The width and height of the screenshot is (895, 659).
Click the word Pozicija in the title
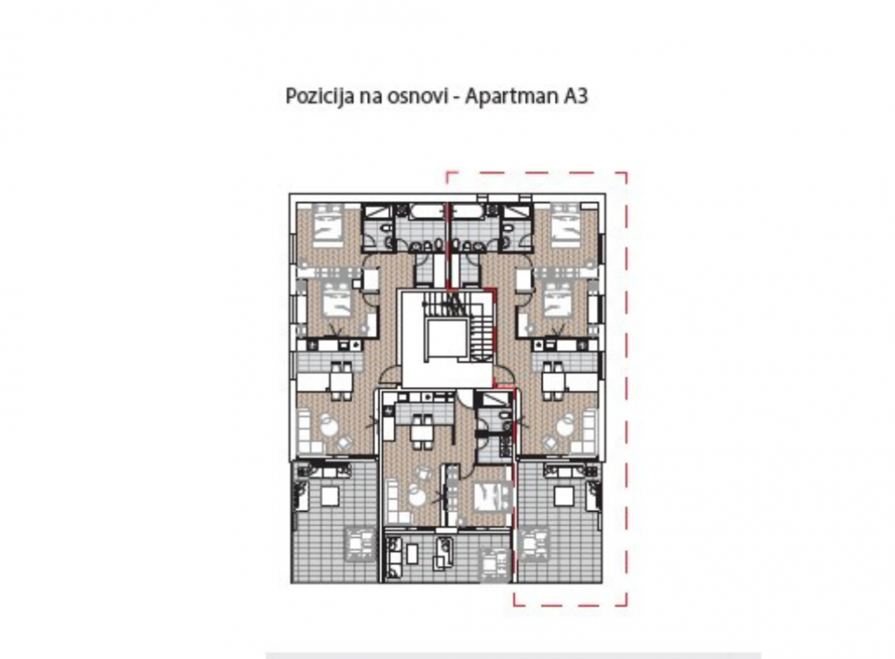[x=319, y=96]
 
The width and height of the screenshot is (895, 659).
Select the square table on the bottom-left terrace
[x=330, y=496]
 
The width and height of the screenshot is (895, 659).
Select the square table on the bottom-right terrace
[x=562, y=496]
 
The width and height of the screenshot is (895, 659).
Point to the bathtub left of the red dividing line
[x=421, y=213]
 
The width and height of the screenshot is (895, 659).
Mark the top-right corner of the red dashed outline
[x=626, y=172]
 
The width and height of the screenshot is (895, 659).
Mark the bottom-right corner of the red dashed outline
[x=626, y=605]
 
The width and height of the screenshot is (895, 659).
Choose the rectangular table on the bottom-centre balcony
[x=412, y=553]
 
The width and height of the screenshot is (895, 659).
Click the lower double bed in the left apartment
[x=337, y=301]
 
